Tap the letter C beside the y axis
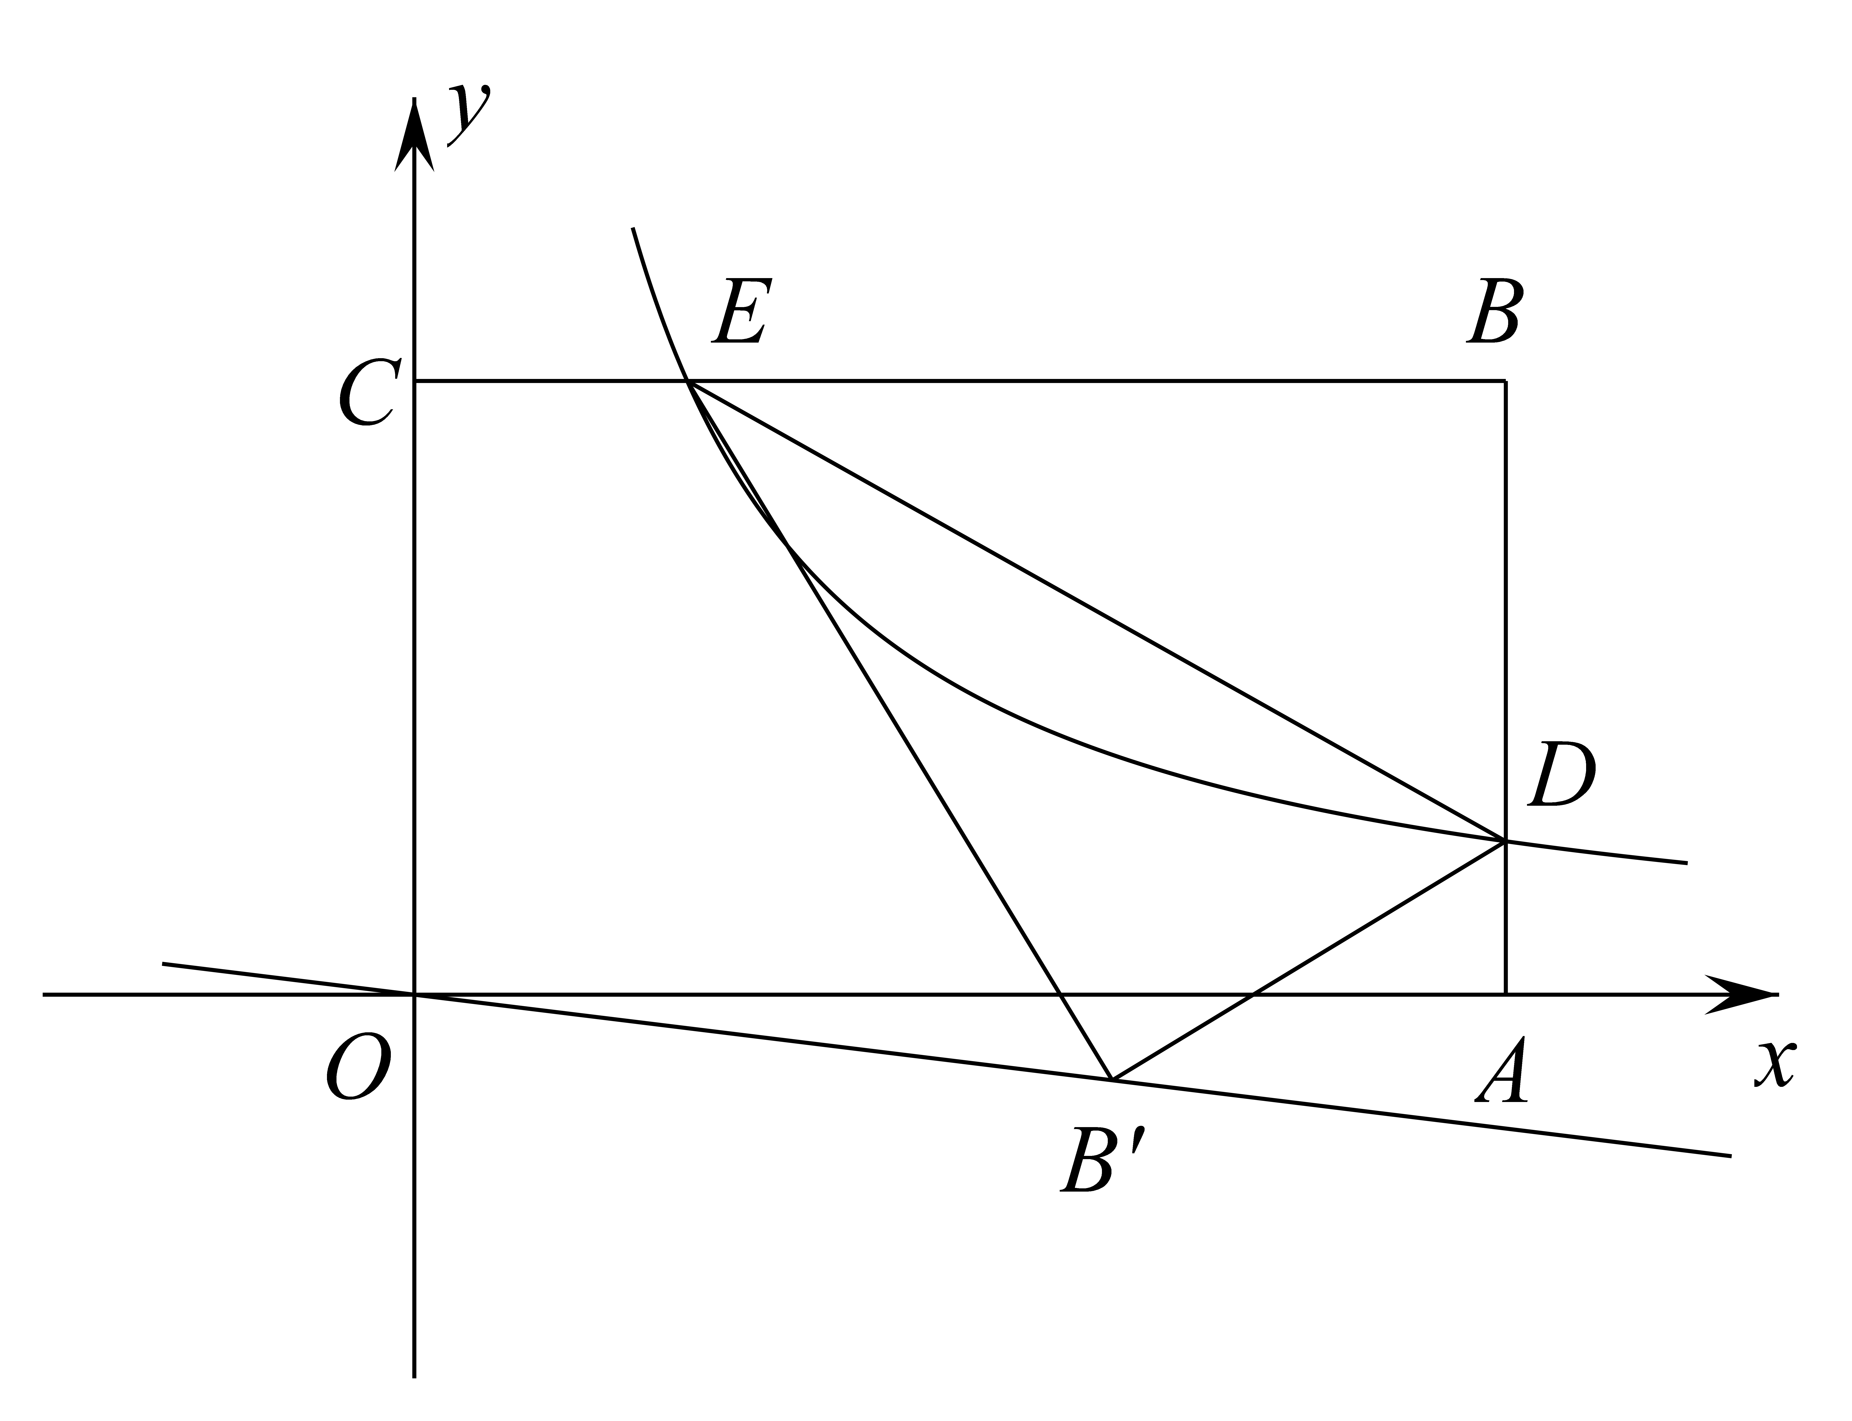[370, 392]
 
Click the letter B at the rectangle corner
[1495, 310]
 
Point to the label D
[1561, 774]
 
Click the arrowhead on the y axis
[414, 135]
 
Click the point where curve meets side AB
[1505, 841]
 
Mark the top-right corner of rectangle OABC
[1505, 382]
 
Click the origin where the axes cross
[414, 995]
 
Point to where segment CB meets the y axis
[414, 382]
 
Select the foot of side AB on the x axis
[1505, 995]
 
